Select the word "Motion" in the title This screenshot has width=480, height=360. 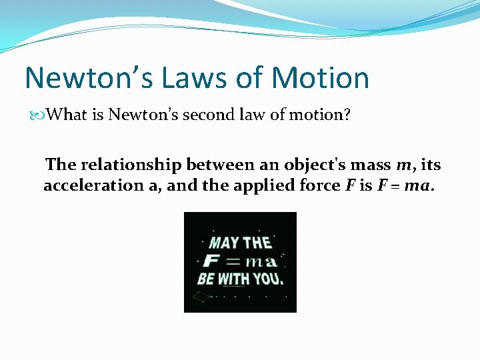tap(320, 77)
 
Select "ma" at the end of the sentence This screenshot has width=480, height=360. tap(417, 186)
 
